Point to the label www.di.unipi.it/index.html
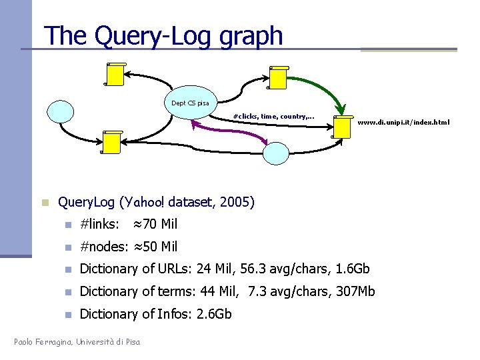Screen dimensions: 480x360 click(403, 122)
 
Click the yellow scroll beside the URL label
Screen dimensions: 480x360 click(343, 126)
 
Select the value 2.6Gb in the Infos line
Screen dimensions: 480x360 click(214, 313)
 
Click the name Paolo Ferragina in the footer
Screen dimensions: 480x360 click(43, 343)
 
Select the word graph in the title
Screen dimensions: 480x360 click(255, 36)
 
